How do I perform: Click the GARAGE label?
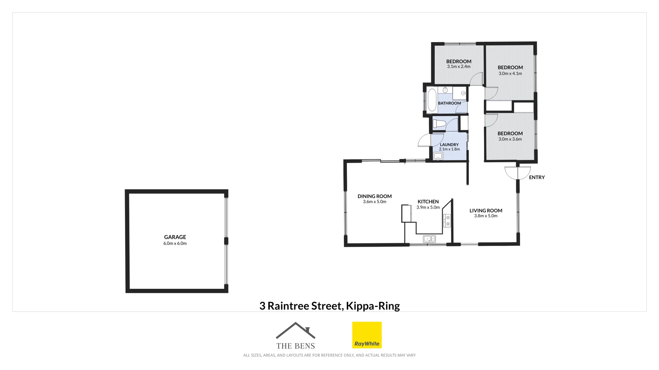(x=175, y=237)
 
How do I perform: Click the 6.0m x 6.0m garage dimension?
(x=175, y=244)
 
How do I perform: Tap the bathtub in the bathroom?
(x=432, y=100)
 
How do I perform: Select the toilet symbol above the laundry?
(x=439, y=124)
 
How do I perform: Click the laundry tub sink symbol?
(x=438, y=157)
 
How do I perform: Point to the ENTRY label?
(x=537, y=177)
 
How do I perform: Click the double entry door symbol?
(x=518, y=173)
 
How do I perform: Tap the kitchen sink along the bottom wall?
(x=429, y=239)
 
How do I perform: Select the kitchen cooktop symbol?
(x=447, y=221)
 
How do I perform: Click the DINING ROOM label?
(x=374, y=196)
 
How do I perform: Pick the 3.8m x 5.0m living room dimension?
(x=486, y=216)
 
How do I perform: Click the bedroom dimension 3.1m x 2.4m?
(x=459, y=66)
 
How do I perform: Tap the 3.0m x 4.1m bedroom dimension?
(x=510, y=73)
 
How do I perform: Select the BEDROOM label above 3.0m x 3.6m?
(x=510, y=134)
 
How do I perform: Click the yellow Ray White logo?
(x=367, y=335)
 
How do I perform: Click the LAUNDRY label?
(x=449, y=145)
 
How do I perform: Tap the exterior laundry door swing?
(x=425, y=141)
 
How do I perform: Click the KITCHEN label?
(x=428, y=202)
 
